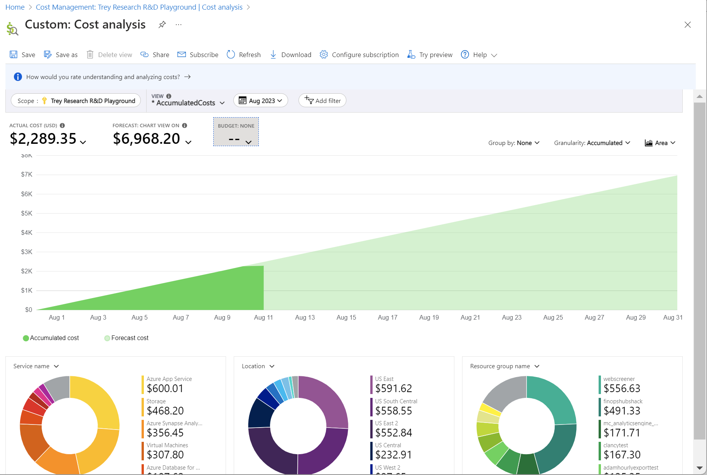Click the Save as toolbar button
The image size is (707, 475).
(x=61, y=55)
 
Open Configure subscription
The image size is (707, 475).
(x=359, y=55)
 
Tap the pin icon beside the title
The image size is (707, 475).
(x=162, y=25)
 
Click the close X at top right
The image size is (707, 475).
(x=687, y=25)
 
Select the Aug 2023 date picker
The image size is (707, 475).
(x=261, y=101)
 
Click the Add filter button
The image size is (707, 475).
(x=322, y=101)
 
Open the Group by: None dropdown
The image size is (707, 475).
(x=514, y=143)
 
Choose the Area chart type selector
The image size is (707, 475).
(x=660, y=143)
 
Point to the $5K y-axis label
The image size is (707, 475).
(x=27, y=213)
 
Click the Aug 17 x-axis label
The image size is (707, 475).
(x=387, y=317)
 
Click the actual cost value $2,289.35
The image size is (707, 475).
(x=43, y=139)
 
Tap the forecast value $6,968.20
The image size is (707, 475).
(x=147, y=139)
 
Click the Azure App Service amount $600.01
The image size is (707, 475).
(x=165, y=388)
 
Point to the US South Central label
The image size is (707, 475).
(x=396, y=401)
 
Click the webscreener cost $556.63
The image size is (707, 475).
(x=622, y=388)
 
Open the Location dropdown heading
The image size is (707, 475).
(x=258, y=366)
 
